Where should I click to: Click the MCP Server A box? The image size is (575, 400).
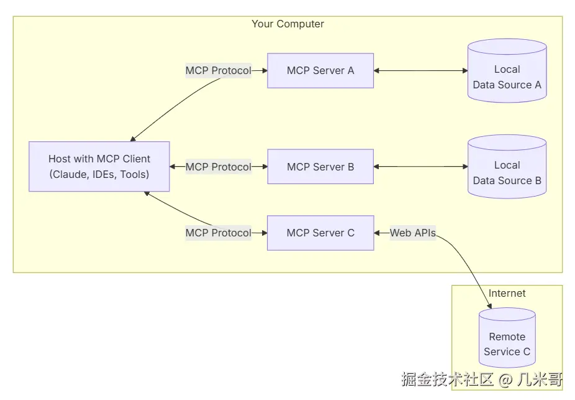320,70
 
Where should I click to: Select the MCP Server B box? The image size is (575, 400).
320,167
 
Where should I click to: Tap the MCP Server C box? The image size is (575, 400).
320,233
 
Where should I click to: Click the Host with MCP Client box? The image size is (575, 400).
99,166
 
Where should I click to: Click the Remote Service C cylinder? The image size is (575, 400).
507,340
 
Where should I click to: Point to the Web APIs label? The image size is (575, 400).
413,233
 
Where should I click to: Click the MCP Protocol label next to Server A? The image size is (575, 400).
219,70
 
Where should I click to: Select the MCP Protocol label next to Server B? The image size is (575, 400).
219,167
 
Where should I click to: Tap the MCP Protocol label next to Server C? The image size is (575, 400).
219,233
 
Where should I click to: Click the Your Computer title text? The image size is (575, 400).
287,24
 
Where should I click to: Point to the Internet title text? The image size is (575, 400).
507,293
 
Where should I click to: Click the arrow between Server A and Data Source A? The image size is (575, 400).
420,70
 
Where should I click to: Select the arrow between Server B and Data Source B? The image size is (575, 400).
420,167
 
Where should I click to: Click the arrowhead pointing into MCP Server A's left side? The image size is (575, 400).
263,70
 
